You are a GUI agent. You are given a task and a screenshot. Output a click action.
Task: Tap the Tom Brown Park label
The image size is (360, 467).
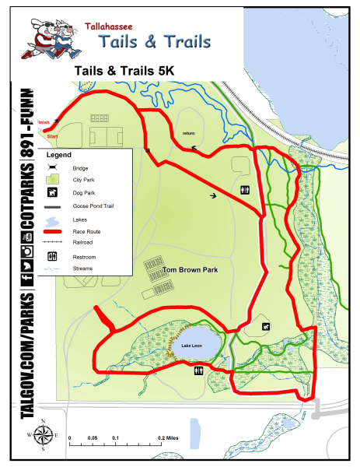click(x=189, y=270)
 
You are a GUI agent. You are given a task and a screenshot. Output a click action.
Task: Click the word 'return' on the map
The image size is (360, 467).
click(x=188, y=133)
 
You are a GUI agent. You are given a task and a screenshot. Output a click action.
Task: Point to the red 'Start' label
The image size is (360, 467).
click(x=52, y=137)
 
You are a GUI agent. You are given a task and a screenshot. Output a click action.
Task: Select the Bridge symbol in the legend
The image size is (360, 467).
click(x=54, y=168)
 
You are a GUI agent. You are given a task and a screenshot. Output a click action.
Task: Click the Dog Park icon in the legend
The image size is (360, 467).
click(x=54, y=193)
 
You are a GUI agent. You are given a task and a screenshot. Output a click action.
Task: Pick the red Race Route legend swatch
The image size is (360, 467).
click(x=54, y=231)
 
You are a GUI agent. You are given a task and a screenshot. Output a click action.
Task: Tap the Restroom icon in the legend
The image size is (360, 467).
click(x=54, y=256)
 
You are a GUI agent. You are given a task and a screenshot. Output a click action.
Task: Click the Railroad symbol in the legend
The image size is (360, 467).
click(x=54, y=243)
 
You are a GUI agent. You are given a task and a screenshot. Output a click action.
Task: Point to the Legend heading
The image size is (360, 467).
click(x=59, y=155)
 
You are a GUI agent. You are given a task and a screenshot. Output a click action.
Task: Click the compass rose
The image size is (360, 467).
click(x=43, y=435)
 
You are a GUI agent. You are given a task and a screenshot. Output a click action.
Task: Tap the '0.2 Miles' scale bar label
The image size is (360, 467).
click(x=168, y=439)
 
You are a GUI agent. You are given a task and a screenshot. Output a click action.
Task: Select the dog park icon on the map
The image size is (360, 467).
click(x=267, y=326)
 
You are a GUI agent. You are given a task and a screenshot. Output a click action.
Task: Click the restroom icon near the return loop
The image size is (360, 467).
click(x=246, y=189)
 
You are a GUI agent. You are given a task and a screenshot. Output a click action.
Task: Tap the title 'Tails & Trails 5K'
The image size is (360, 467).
click(x=124, y=70)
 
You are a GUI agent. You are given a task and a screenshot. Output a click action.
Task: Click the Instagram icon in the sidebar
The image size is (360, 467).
click(x=26, y=251)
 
